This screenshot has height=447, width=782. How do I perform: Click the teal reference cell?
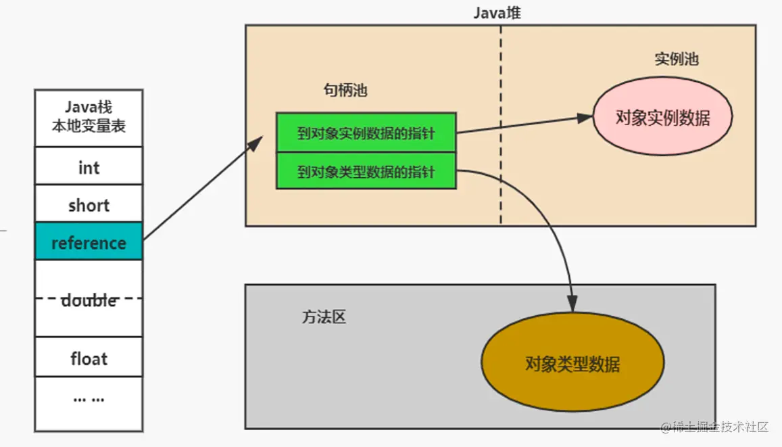89,241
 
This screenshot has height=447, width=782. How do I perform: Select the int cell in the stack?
89,166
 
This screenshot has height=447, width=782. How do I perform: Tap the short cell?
89,204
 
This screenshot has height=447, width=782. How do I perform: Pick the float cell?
89,357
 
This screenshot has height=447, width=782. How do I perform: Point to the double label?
89,300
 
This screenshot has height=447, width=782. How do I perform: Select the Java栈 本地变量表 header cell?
89,117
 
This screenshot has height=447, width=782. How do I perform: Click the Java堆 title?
497,13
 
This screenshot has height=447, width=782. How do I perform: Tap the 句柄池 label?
345,91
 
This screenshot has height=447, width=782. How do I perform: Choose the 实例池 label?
676,59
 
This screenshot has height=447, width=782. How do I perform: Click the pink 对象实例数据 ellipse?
662,117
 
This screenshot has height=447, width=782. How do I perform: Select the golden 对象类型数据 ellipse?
572,364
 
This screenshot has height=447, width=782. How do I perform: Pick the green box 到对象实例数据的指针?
366,133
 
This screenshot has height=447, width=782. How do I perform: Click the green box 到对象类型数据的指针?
366,171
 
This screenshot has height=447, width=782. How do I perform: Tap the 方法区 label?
324,316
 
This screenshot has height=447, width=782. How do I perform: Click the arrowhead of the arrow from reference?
257,141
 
